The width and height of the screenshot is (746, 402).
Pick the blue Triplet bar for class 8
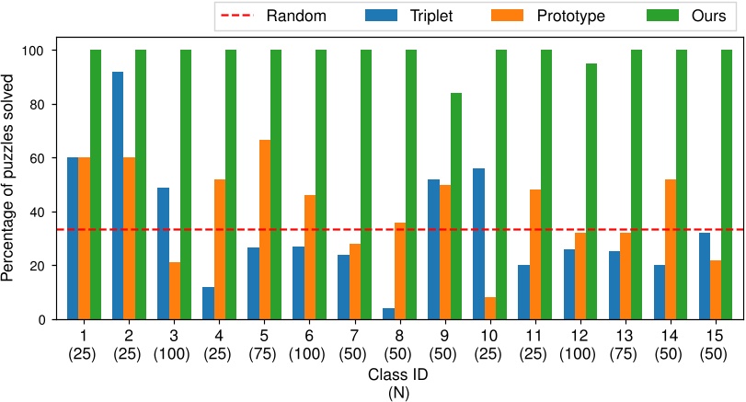(388, 315)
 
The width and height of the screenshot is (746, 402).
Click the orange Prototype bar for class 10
(489, 309)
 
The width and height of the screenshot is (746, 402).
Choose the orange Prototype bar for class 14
(670, 249)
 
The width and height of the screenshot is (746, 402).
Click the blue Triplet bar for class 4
(208, 304)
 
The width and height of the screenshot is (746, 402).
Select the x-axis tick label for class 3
(174, 343)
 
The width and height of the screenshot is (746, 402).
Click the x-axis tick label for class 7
(354, 343)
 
